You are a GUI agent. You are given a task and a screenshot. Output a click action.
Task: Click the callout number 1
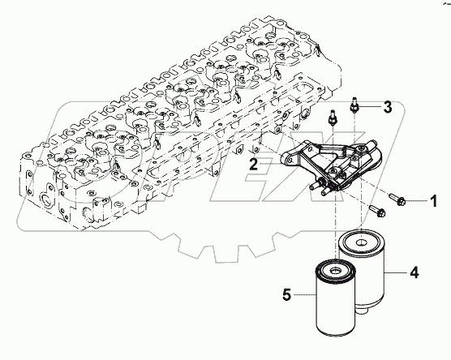[x=434, y=201]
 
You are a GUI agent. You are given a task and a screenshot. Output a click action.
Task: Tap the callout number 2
[x=253, y=164]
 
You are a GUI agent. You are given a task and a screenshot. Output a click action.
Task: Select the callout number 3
[x=388, y=107]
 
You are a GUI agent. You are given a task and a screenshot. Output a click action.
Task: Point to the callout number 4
[x=414, y=272]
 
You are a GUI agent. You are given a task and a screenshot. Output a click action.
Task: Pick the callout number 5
[x=287, y=294]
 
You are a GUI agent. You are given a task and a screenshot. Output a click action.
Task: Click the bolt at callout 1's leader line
[x=397, y=199]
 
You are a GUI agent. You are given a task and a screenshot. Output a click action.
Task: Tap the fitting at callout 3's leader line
[x=354, y=105]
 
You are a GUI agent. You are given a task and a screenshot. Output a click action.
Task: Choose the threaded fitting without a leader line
[x=333, y=118]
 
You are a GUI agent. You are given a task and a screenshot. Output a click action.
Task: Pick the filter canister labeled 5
[x=336, y=298]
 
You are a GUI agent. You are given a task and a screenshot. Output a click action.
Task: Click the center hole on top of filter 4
[x=361, y=243]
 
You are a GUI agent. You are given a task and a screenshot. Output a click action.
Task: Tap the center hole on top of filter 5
[x=335, y=270]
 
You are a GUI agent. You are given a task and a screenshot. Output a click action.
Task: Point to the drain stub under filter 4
[x=363, y=311]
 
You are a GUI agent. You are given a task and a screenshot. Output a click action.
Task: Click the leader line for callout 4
[x=396, y=272]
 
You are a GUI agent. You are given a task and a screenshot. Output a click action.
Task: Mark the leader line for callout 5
[x=304, y=294]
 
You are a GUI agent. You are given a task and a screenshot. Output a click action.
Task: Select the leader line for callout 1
[x=416, y=201]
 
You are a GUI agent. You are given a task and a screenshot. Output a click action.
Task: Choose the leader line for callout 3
[x=369, y=108]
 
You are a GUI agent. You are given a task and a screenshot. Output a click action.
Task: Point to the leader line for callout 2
[x=270, y=164]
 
